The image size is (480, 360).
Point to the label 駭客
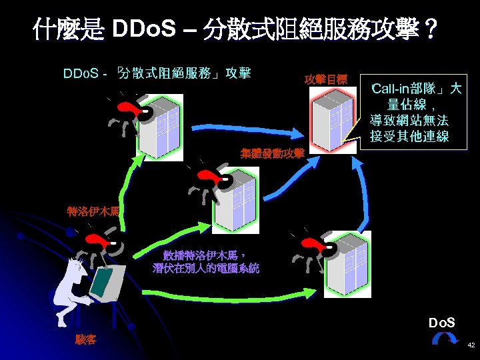coord(85,340)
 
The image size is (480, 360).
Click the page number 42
coord(471,345)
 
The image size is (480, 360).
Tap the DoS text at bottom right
coord(442,323)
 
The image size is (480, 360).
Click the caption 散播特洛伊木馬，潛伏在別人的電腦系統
coord(206,262)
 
